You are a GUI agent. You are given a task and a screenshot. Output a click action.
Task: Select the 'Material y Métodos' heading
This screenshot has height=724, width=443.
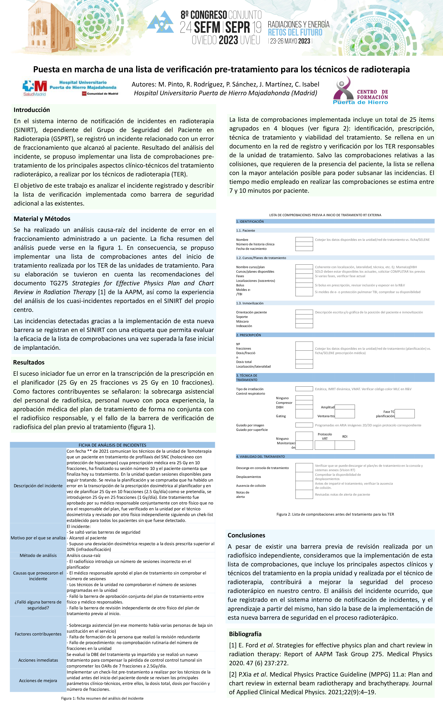[42, 219]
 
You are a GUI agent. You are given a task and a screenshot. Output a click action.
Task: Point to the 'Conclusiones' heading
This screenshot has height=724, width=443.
[246, 535]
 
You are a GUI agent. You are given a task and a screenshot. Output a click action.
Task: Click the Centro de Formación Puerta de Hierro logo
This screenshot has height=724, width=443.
[360, 91]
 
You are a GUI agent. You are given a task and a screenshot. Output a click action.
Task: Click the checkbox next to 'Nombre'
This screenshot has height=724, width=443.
[304, 239]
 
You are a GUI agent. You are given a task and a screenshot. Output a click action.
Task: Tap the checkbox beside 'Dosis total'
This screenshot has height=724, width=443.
[304, 362]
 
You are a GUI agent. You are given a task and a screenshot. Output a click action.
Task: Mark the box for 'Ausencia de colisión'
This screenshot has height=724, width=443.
[304, 485]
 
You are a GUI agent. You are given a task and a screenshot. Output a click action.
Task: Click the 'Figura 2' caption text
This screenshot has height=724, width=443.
[335, 514]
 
